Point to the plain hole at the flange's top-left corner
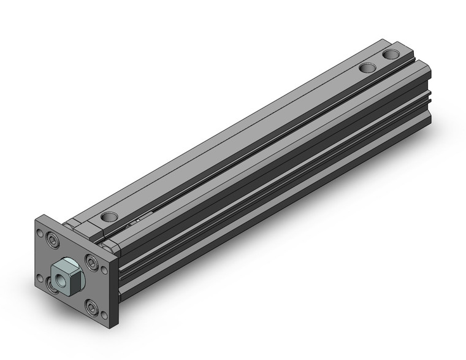pyautogui.click(x=41, y=234)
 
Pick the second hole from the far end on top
pyautogui.click(x=367, y=67)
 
